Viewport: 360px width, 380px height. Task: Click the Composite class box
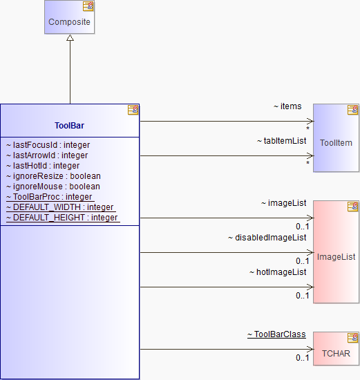69,17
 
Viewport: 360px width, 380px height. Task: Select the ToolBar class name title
69,126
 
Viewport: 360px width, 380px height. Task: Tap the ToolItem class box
336,138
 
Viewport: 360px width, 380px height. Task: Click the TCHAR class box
336,348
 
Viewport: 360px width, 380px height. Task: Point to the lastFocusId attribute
48,145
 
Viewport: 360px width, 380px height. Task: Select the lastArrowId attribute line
47,155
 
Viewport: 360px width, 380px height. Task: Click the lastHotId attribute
43,166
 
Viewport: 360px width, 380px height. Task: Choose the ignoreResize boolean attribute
53,176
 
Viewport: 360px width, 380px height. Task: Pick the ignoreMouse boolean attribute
53,187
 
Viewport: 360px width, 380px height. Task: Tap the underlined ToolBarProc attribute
50,197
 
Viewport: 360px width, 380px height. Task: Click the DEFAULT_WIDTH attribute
61,207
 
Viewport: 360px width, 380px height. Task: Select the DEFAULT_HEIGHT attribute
63,218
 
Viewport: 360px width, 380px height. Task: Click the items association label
287,106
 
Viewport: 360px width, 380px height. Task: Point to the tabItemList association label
282,141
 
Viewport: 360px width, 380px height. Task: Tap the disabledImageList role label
267,238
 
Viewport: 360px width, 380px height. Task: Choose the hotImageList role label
278,272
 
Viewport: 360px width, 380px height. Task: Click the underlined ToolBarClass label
276,334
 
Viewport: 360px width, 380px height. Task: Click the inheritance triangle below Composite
70,37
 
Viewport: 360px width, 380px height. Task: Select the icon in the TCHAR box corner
352,338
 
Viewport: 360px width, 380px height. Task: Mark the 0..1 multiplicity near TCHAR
303,358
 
